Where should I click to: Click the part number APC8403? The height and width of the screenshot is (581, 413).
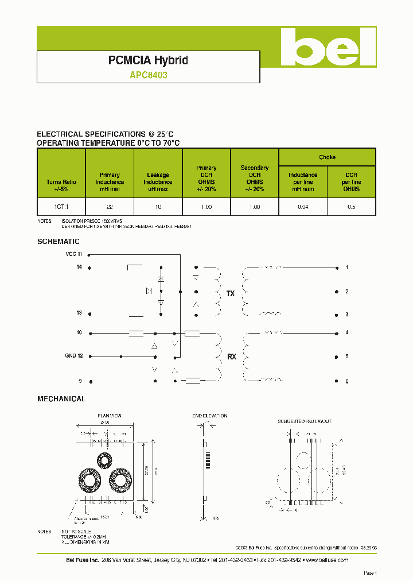coord(148,75)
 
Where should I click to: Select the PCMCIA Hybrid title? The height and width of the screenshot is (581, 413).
coord(148,60)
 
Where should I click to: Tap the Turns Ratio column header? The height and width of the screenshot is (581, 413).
coord(61,185)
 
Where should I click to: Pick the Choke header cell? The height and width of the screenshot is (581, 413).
coord(327,157)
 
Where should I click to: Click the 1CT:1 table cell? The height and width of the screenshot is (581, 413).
coord(61,207)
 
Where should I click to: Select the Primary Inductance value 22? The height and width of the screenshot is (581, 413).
coord(109,207)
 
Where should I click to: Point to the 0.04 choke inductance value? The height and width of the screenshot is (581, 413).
coord(303,207)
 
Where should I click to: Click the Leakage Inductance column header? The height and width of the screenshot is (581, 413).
coord(158,182)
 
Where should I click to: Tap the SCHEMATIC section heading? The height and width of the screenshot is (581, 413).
coord(59,242)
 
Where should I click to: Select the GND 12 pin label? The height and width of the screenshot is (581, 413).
coord(73,356)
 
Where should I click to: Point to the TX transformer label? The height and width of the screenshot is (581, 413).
coord(231,294)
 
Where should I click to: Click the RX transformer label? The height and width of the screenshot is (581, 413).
coord(232,357)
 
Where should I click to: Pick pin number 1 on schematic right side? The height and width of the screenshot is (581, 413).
coord(347,268)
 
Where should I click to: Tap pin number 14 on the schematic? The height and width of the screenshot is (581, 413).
coord(79,267)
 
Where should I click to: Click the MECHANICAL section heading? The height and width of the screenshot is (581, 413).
coord(61,398)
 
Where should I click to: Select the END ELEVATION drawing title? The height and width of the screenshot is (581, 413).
coord(210,416)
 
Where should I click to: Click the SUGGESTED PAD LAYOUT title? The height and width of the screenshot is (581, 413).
coord(304,421)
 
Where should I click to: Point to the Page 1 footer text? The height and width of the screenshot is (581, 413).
coord(370,573)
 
